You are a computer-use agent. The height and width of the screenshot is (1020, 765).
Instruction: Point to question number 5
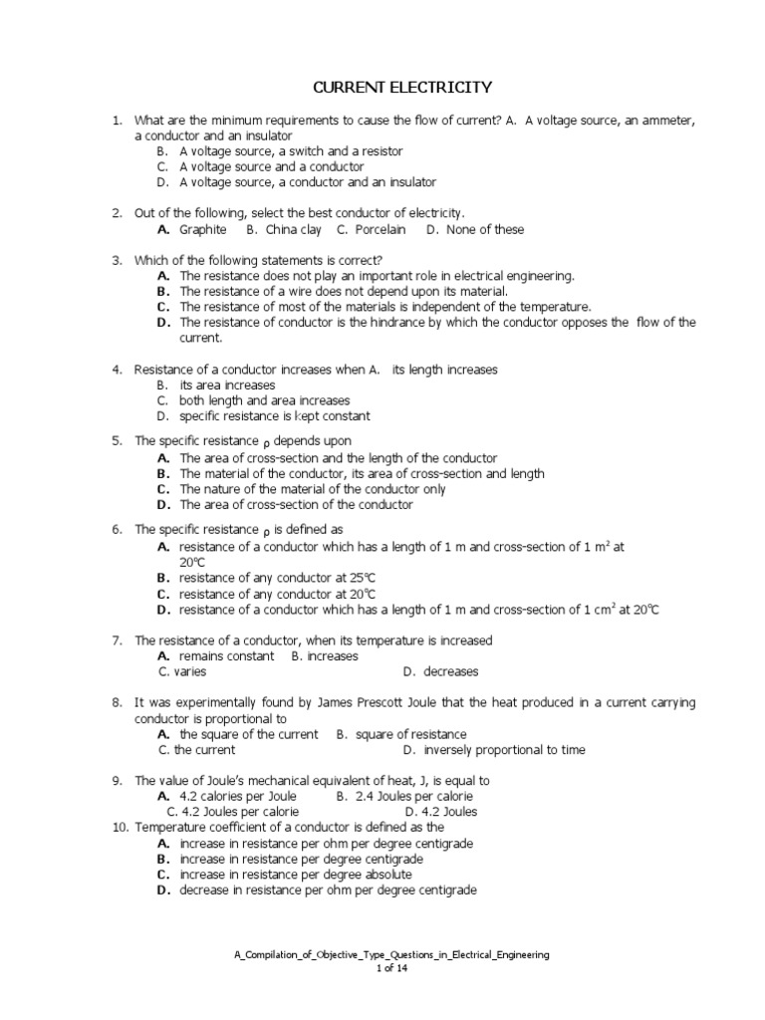click(x=117, y=440)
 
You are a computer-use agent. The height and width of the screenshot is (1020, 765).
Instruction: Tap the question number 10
click(x=119, y=827)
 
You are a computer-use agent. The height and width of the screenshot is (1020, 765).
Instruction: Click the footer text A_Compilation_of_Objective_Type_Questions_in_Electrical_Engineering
click(x=391, y=954)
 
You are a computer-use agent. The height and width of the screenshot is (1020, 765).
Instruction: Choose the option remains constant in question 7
click(x=226, y=655)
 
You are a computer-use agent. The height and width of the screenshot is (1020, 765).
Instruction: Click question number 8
click(x=117, y=702)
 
